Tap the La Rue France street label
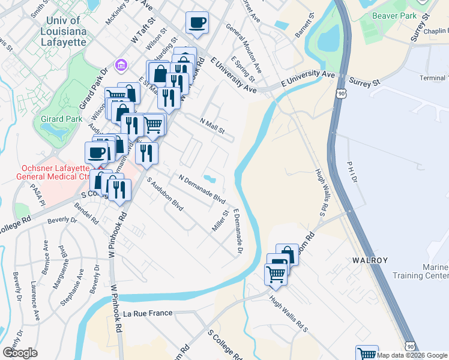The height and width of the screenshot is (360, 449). (148, 313)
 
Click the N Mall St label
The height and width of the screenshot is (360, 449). (212, 125)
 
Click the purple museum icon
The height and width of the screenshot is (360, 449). (120, 64)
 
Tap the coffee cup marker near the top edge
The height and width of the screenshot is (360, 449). (197, 23)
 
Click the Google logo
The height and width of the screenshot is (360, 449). (20, 352)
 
